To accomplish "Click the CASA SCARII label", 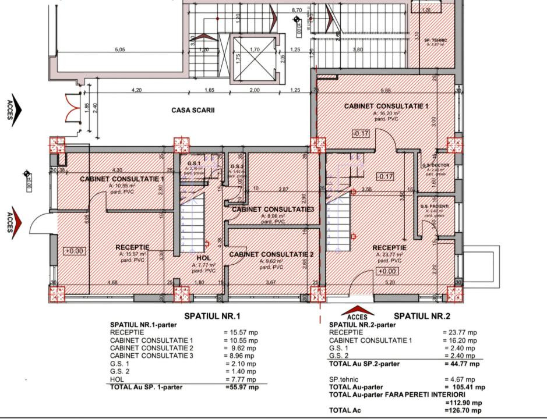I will click(x=193, y=109).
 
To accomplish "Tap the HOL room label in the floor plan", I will click(x=203, y=258).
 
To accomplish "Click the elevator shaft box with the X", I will click(x=255, y=57).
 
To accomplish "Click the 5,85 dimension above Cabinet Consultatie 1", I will click(x=385, y=90).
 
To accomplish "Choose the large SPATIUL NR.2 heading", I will click(x=422, y=316).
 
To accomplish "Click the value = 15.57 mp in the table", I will click(x=241, y=332).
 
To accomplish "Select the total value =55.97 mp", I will click(x=241, y=386).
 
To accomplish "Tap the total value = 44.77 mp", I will click(x=461, y=364).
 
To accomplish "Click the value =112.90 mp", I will click(x=463, y=402).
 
